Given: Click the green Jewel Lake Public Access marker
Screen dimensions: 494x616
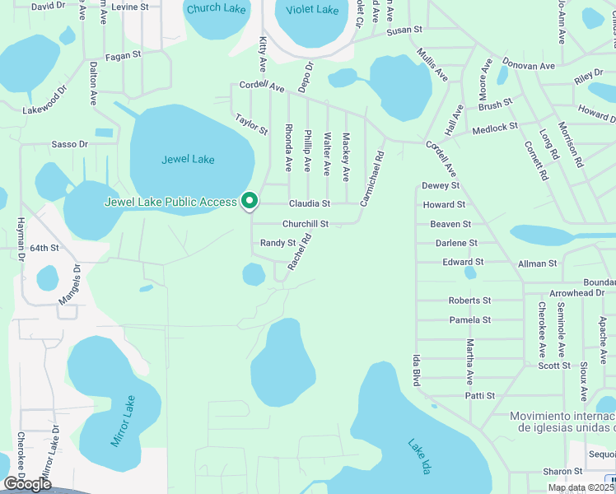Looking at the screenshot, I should coord(249,200).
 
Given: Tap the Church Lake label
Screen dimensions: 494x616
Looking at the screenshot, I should coord(217,9).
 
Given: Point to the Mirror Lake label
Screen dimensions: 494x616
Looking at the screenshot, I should coord(124,421).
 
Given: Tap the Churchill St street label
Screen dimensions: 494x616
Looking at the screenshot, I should coord(306,223).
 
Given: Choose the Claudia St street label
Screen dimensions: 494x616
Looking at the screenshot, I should coord(309,203).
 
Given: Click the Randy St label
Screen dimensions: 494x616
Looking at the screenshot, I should coord(278,243).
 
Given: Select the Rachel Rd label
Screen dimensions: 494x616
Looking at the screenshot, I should coord(299,253).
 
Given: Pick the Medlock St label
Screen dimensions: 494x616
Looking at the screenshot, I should coord(495,127).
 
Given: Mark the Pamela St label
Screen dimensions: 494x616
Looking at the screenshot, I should coord(470,319).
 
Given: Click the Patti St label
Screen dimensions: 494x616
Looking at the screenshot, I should coord(479,396).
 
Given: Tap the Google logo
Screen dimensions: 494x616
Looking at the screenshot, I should coord(28,483).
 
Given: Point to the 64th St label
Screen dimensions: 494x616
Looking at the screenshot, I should coord(45,247).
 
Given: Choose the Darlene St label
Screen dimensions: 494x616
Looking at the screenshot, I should coord(456,243).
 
